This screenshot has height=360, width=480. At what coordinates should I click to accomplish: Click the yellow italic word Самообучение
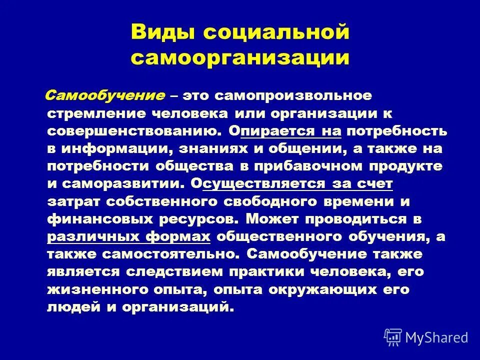coord(106,95)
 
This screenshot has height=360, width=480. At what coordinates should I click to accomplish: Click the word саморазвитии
coord(122,184)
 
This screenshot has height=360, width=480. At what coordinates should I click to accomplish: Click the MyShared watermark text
coord(436,337)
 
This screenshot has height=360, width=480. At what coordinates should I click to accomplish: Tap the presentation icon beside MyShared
coord(392,337)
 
